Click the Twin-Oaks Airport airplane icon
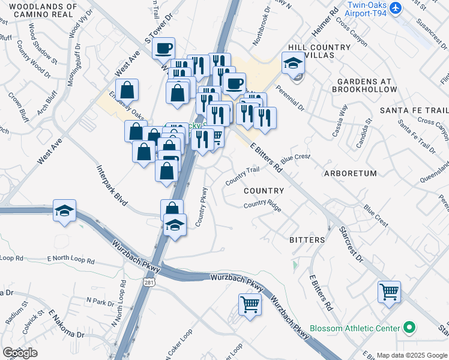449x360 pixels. pos(395,8)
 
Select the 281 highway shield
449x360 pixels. pos(148,281)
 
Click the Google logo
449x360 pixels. pos(20,353)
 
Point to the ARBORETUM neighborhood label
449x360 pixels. pos(349,173)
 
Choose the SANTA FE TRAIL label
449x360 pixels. pos(414,111)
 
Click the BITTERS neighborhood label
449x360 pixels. pos(307,240)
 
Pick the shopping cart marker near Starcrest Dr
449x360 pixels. pos(389,292)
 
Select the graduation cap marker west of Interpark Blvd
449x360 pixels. pos(64,211)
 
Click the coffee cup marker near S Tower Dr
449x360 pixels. pos(163,49)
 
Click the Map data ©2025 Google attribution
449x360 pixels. pos(412,355)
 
